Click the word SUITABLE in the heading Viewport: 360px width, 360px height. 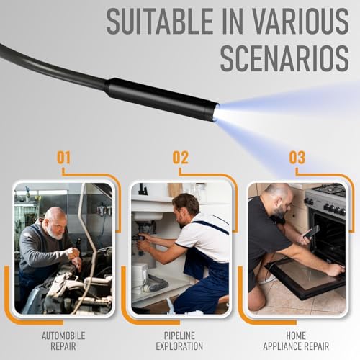159,22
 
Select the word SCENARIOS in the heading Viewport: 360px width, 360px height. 284,58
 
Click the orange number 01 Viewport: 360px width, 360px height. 63,158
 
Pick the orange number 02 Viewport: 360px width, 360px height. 181,158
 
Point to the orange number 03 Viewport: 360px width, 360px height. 297,158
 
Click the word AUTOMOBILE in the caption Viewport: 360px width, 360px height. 63,336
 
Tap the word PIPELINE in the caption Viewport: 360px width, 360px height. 179,336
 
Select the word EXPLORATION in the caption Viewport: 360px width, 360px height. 179,346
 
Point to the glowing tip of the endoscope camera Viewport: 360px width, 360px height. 216,112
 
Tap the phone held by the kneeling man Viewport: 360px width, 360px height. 312,232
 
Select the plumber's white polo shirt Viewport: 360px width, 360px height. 204,236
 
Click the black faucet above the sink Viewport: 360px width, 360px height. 143,189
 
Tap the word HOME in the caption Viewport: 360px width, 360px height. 296,336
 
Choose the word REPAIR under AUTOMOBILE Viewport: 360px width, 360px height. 63,346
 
